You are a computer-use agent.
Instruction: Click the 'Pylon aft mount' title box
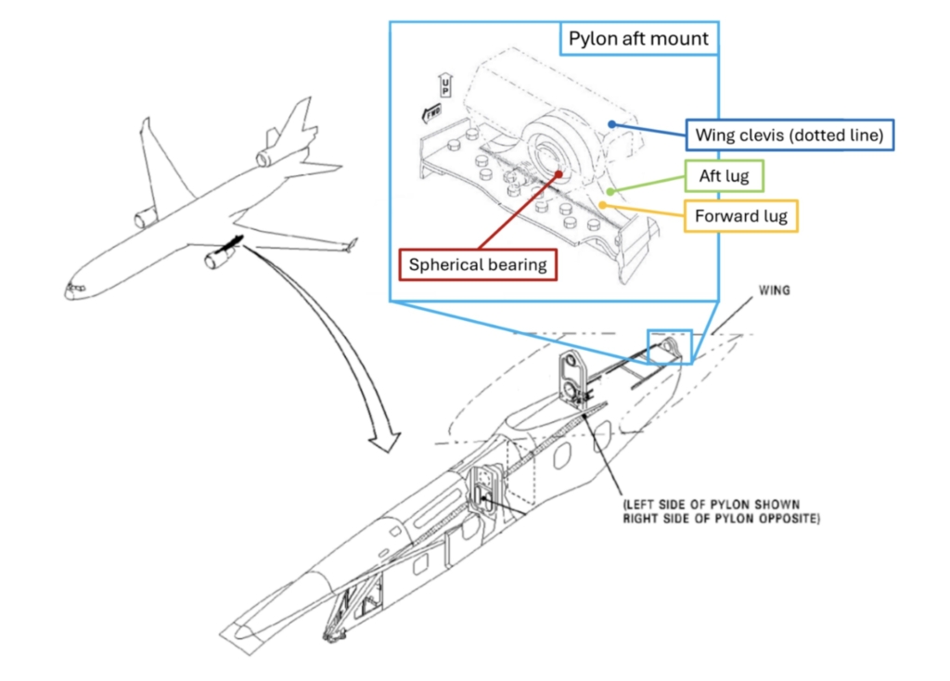(638, 39)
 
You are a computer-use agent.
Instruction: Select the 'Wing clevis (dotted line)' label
(789, 135)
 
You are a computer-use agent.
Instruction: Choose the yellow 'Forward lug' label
(740, 217)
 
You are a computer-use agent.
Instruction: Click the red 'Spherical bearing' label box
(478, 263)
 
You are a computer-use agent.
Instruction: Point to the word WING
(774, 290)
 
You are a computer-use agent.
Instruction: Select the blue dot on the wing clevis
(610, 122)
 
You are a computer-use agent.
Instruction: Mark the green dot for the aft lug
(607, 188)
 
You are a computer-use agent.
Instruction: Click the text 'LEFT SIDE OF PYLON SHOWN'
(710, 504)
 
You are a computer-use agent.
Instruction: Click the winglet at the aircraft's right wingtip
(352, 245)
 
